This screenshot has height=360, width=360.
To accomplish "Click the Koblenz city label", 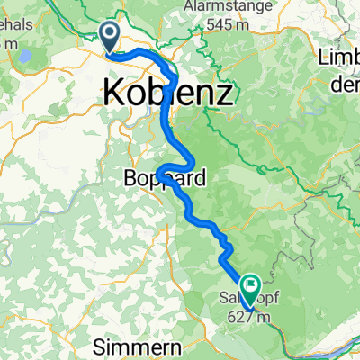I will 169,92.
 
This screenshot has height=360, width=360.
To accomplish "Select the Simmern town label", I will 134,346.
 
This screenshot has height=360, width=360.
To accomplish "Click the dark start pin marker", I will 109,37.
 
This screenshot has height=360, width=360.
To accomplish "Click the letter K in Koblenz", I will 114,92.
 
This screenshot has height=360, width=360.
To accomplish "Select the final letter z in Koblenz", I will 224,93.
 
